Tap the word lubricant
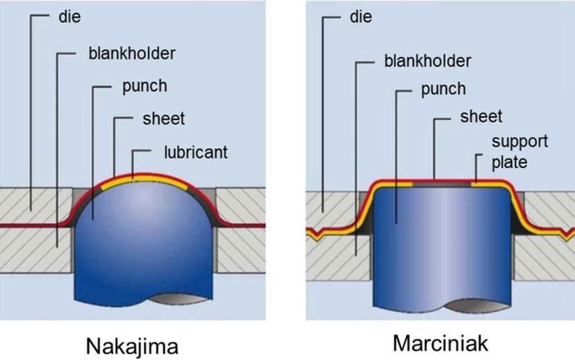tap(196, 152)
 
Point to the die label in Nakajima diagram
tap(70, 17)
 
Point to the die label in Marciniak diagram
tap(361, 17)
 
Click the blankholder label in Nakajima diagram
tap(132, 53)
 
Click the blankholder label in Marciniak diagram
tap(427, 61)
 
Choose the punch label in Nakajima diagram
tap(144, 86)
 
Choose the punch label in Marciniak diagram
tap(444, 89)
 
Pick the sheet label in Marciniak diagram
tap(481, 117)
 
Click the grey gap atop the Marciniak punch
tap(441, 184)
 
